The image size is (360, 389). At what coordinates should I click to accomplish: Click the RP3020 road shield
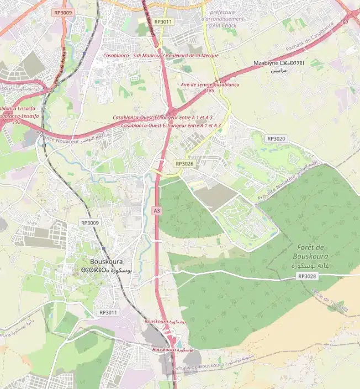click(x=276, y=138)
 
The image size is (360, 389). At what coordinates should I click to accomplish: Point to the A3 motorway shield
click(x=157, y=211)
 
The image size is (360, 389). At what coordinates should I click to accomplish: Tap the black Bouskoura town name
click(x=107, y=262)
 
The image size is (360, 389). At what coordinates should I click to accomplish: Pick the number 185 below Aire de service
click(x=210, y=90)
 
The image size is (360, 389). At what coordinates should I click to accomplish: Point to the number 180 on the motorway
click(x=344, y=22)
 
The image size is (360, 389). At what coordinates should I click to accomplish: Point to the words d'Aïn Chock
click(x=221, y=25)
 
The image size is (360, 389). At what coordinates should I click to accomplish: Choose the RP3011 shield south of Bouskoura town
click(x=108, y=312)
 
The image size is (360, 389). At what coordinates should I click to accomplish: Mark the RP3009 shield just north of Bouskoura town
click(x=89, y=223)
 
